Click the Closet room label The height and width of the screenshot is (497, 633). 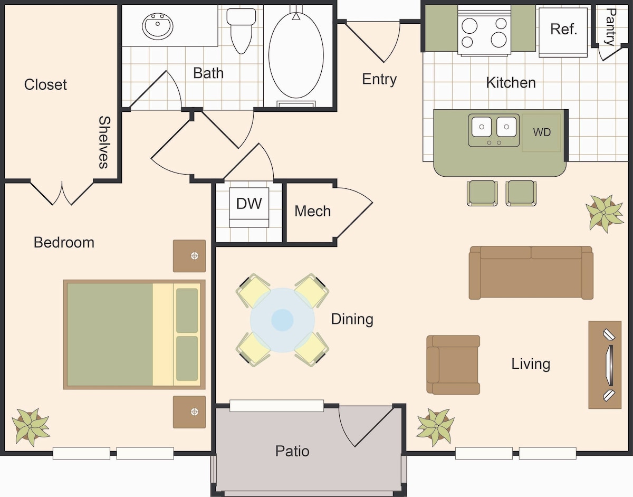[45, 85]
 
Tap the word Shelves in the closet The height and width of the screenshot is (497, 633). [104, 142]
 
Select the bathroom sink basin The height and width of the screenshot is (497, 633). [158, 26]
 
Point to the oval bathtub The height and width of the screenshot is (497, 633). [296, 55]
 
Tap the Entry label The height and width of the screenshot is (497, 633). [379, 79]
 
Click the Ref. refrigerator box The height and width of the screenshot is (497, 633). [563, 32]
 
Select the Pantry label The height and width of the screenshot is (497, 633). [611, 27]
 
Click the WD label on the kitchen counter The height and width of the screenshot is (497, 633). [542, 132]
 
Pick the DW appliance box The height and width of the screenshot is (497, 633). [249, 207]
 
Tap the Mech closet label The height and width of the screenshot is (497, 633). [313, 211]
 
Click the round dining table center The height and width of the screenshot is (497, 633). [282, 320]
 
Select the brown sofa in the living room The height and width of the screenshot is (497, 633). [531, 273]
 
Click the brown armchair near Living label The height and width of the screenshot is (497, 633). [453, 365]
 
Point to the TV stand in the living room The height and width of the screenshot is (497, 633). [605, 365]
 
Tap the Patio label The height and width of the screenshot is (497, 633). [292, 451]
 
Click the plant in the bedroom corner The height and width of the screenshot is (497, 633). [31, 427]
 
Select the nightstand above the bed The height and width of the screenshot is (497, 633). [189, 256]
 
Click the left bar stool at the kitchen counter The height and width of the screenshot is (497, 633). [482, 193]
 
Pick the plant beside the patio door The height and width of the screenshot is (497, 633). [436, 427]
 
